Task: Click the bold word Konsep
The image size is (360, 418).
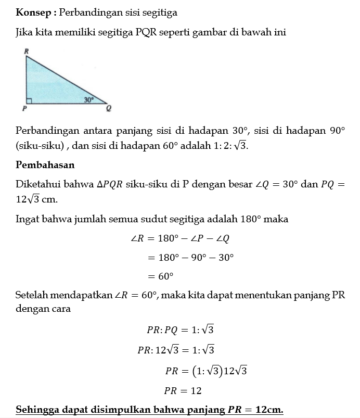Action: coord(33,11)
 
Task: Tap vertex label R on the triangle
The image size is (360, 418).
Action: coord(26,51)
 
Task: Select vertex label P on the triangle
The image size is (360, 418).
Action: coord(24,109)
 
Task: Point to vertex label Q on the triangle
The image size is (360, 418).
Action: coord(109,109)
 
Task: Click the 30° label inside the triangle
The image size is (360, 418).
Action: coord(89,99)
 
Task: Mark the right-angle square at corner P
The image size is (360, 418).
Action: coord(29,100)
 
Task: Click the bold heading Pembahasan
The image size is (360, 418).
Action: coord(45,165)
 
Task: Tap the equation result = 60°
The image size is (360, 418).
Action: coord(160,276)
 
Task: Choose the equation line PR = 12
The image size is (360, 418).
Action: coord(183,390)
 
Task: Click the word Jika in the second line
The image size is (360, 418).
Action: coord(25,32)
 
